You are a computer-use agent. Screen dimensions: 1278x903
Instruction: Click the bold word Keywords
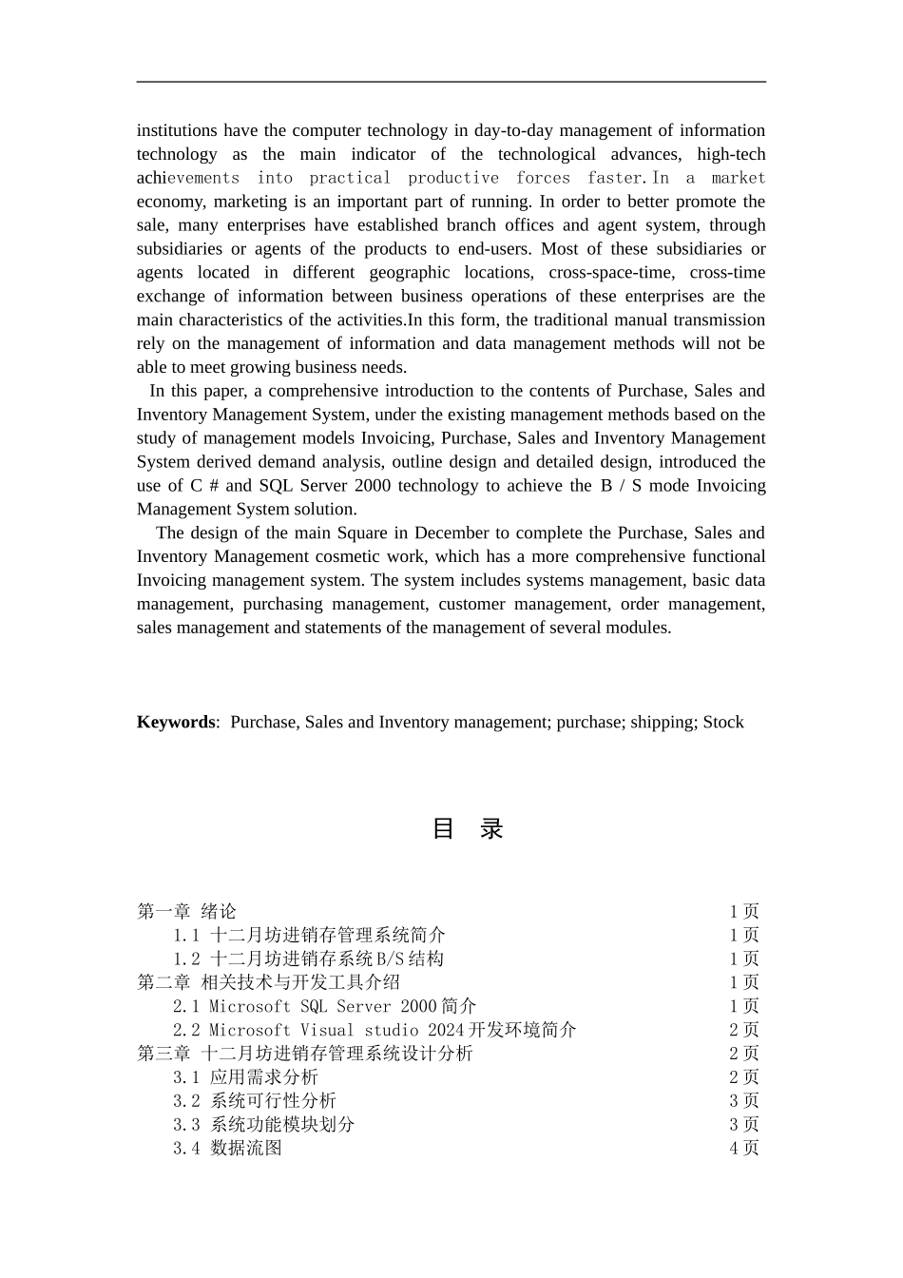176,722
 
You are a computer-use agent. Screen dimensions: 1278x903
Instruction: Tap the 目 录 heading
468,828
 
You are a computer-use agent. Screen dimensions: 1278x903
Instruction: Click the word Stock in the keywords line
723,722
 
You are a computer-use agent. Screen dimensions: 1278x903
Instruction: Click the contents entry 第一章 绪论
186,912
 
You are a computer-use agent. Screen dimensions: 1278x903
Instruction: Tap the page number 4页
744,1148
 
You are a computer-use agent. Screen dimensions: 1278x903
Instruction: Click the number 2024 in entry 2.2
446,1030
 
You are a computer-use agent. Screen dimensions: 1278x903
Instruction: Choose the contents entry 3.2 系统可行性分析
254,1100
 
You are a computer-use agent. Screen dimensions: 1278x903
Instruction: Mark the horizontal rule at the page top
451,82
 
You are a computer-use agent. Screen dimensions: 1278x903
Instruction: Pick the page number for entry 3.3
744,1124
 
